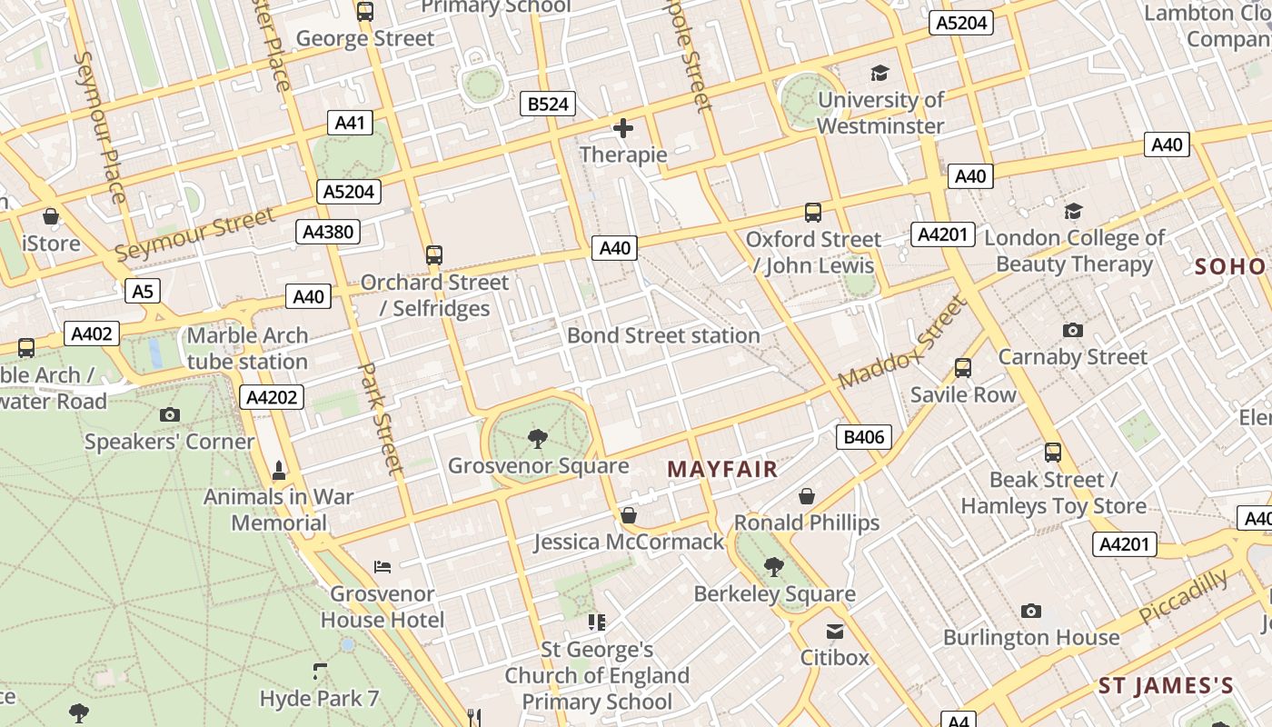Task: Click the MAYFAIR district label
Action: point(722,469)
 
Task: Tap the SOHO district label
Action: point(1230,266)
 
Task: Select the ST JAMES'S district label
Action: point(1166,686)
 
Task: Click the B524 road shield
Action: point(549,105)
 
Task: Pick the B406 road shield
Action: point(863,437)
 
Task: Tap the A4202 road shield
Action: point(272,397)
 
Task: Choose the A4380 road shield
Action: point(328,232)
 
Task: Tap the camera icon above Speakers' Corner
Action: point(169,415)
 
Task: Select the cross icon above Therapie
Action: point(623,128)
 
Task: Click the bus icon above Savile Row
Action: point(963,368)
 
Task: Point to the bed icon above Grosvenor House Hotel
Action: point(383,567)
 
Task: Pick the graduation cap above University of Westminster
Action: point(879,73)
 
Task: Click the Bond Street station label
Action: point(663,335)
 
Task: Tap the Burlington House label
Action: point(1030,637)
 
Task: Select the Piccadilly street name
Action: point(1183,597)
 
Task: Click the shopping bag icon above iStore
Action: point(51,216)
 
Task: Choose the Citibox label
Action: point(834,657)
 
